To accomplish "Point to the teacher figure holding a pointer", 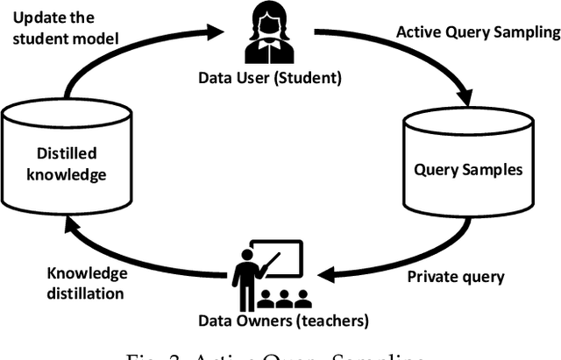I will [248, 272].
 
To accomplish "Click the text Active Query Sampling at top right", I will [477, 32].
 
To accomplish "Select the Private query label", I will [457, 277].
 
